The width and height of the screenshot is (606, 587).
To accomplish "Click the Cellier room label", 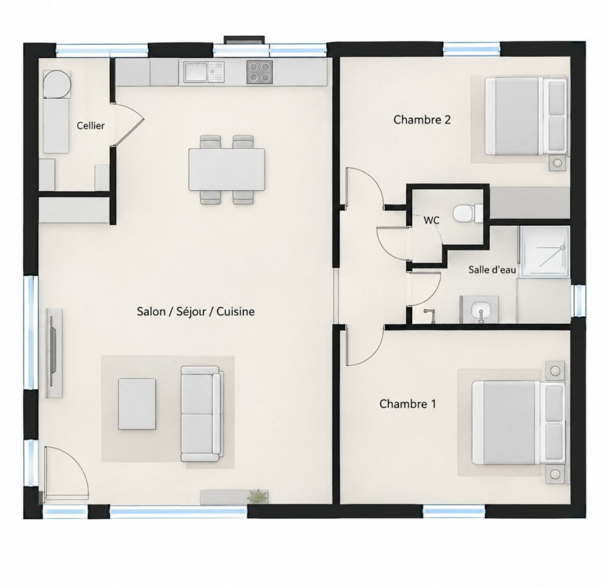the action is pyautogui.click(x=90, y=125).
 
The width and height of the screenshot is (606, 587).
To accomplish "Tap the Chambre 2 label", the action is pyautogui.click(x=422, y=119).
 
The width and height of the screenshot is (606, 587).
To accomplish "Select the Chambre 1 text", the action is pyautogui.click(x=408, y=403).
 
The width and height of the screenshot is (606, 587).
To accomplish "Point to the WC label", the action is pyautogui.click(x=431, y=220).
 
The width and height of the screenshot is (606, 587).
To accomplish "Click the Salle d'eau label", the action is pyautogui.click(x=492, y=269).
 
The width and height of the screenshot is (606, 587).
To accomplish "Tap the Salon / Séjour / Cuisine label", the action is pyautogui.click(x=196, y=311).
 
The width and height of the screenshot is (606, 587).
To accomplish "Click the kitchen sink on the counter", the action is pyautogui.click(x=204, y=72).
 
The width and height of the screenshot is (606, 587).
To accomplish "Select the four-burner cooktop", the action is pyautogui.click(x=259, y=72).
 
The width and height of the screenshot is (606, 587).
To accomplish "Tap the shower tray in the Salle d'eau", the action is pyautogui.click(x=544, y=252).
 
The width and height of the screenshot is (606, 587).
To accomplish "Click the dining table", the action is pyautogui.click(x=227, y=169).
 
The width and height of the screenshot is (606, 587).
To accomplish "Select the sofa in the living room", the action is pyautogui.click(x=202, y=414).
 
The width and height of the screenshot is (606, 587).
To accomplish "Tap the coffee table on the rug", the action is pyautogui.click(x=137, y=403).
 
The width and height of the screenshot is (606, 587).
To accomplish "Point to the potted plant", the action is pyautogui.click(x=256, y=497).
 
